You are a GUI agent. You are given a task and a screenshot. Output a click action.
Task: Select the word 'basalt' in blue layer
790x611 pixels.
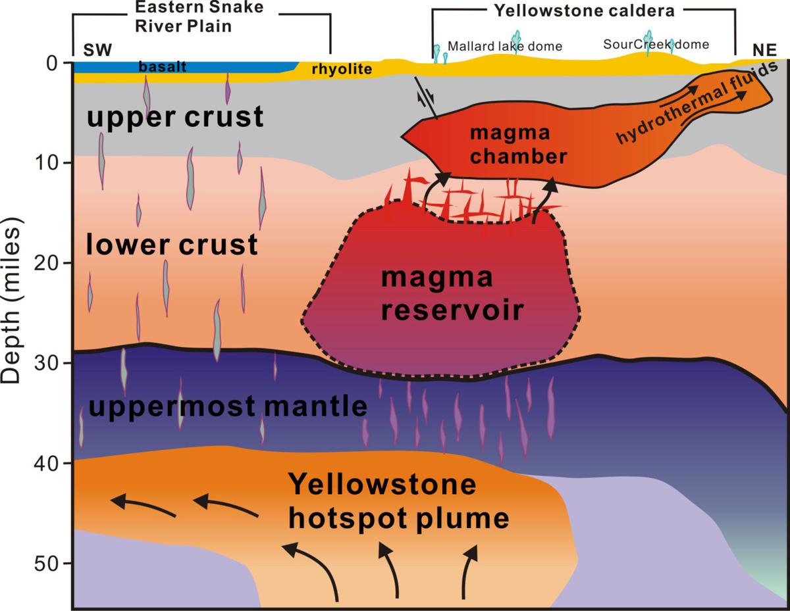pos(163,67)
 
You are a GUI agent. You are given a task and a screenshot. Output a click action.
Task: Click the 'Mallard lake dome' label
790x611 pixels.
pos(505,46)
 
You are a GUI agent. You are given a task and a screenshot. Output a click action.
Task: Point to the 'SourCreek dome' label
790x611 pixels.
pos(656,45)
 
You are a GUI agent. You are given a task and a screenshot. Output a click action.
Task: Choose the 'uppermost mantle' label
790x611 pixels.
pos(228,407)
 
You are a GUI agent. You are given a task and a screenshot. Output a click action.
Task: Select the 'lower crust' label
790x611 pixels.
pos(172,245)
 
